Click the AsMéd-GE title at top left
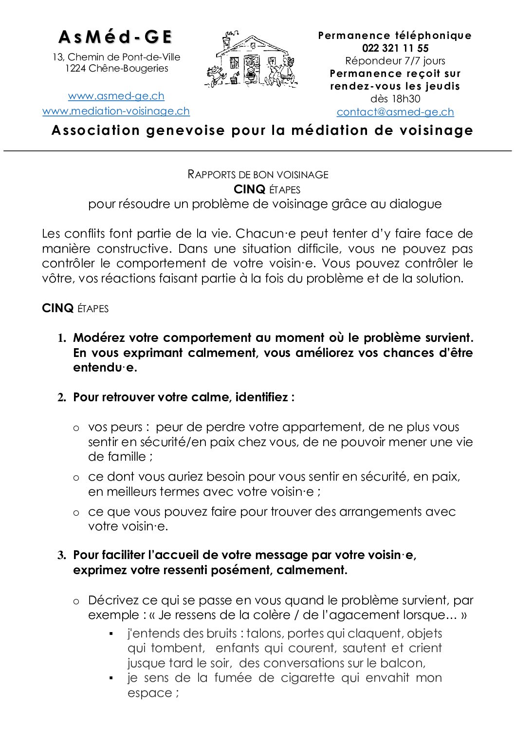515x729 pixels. [115, 37]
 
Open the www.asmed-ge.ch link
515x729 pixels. [116, 96]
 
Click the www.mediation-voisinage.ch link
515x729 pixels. [116, 111]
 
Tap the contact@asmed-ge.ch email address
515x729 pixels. [395, 112]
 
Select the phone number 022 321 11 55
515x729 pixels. [395, 48]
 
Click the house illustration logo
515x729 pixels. [251, 61]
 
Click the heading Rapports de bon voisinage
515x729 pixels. [258, 174]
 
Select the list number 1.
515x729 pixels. [62, 338]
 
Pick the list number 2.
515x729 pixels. [62, 398]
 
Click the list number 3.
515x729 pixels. [62, 556]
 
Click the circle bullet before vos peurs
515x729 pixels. [76, 429]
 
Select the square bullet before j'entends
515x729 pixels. [111, 634]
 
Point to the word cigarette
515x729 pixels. [309, 678]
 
